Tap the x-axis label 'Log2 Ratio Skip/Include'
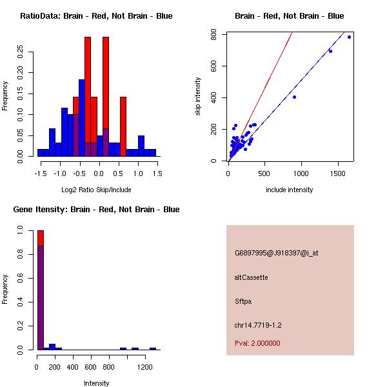click(96, 190)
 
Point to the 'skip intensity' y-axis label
click(198, 97)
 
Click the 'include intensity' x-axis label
click(289, 190)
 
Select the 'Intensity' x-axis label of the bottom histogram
click(97, 383)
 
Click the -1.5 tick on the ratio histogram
click(40, 174)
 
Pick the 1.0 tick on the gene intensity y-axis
click(21, 230)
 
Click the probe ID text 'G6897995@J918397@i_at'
click(276, 253)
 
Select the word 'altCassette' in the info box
click(251, 277)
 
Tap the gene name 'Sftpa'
click(243, 301)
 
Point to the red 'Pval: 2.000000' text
click(257, 343)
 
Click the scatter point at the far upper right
click(349, 37)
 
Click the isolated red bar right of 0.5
click(123, 126)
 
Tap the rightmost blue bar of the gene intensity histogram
click(153, 348)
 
